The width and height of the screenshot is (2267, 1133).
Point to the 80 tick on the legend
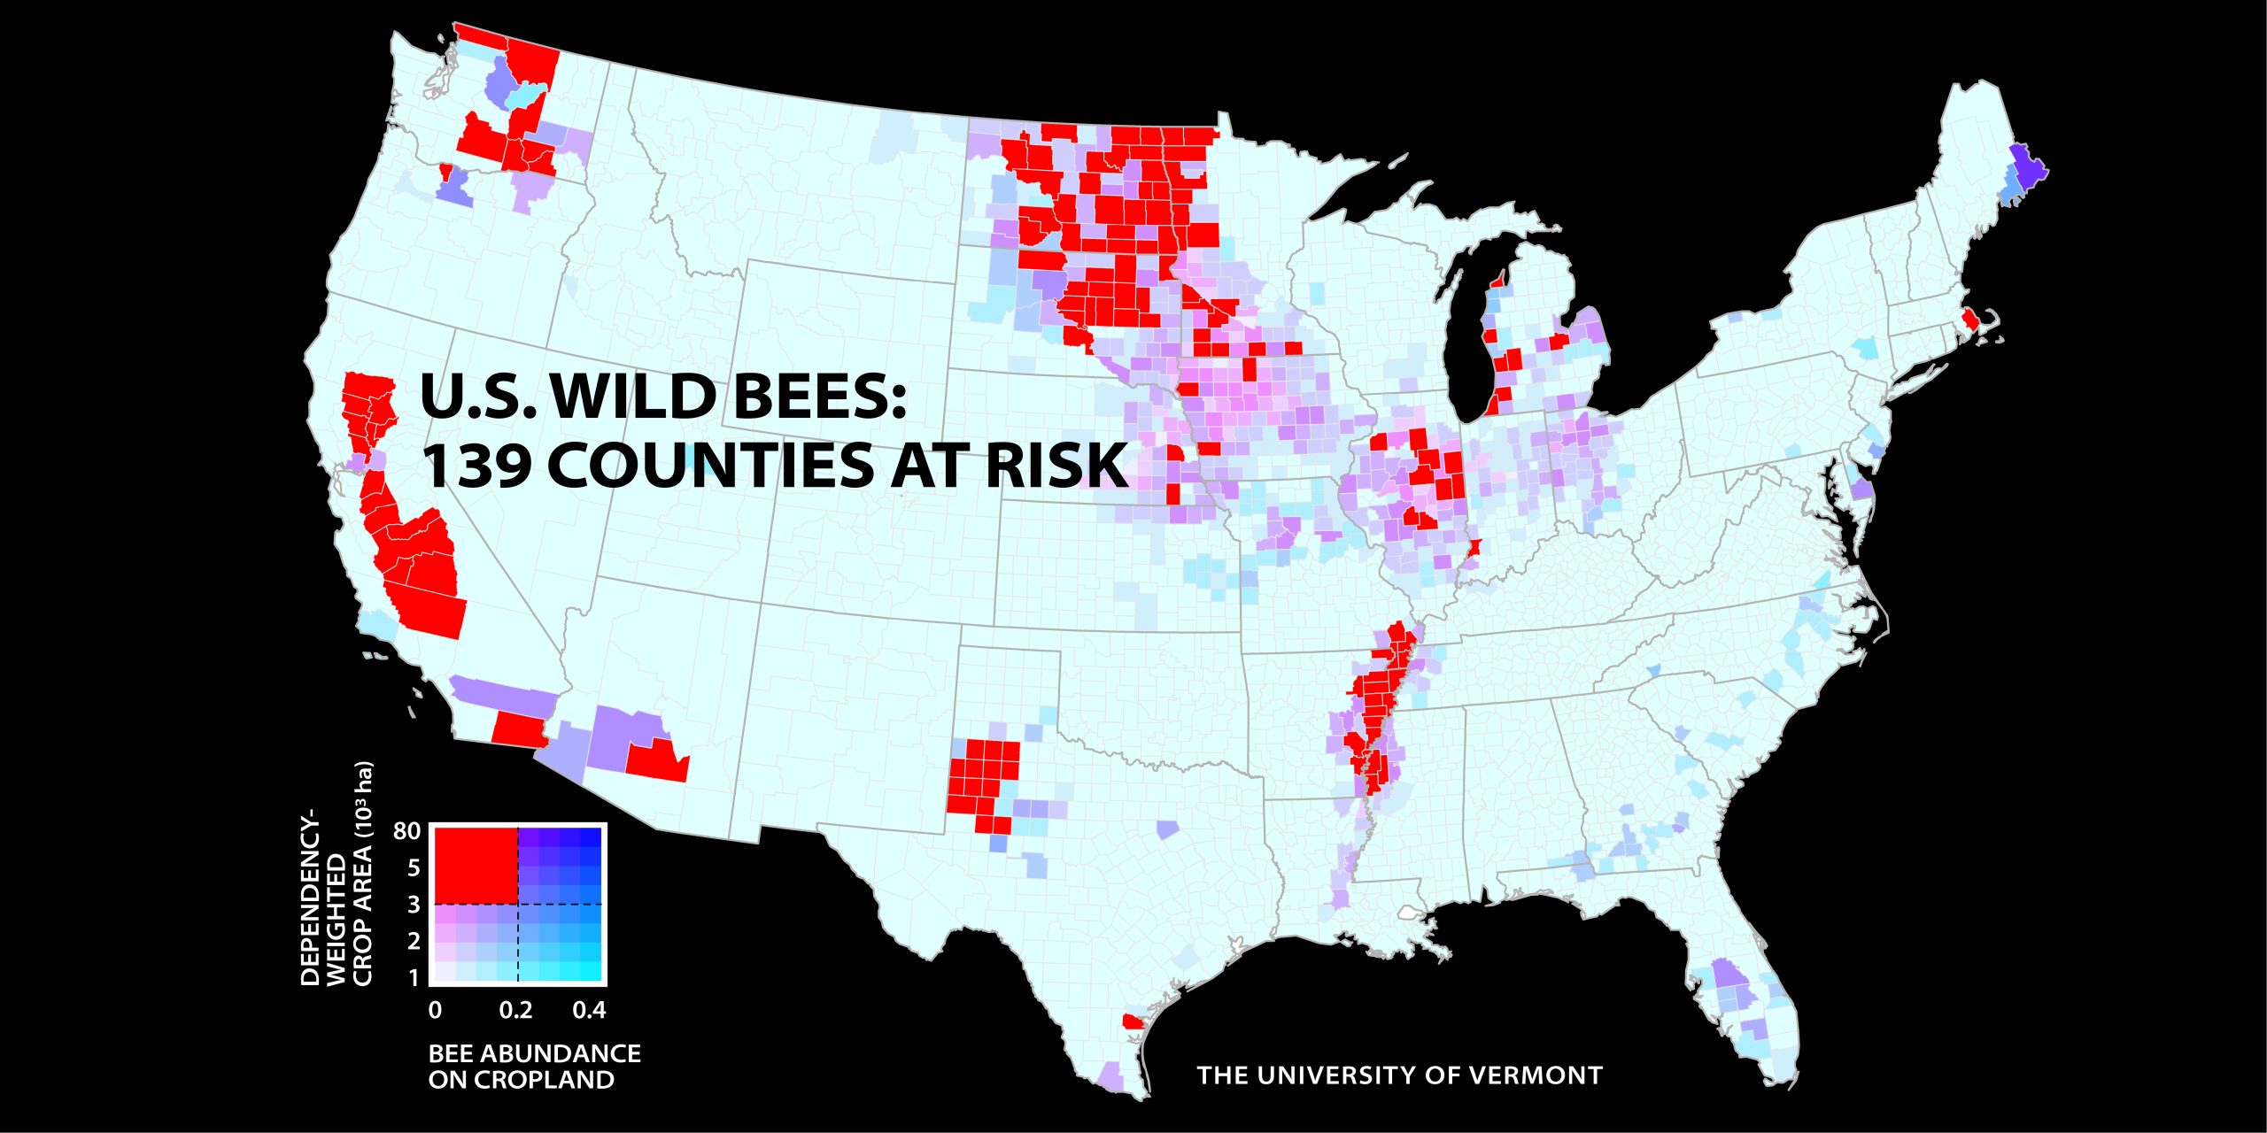[406, 831]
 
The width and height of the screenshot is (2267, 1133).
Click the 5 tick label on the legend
[413, 868]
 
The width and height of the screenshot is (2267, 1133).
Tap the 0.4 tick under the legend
[589, 1011]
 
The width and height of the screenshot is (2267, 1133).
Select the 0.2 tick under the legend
[515, 1011]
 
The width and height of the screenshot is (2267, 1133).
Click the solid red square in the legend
[474, 864]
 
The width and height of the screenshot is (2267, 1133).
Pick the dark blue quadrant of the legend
[560, 864]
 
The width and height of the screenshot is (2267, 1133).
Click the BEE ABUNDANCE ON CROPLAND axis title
[534, 1067]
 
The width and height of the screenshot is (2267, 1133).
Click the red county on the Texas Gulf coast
[1132, 1021]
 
